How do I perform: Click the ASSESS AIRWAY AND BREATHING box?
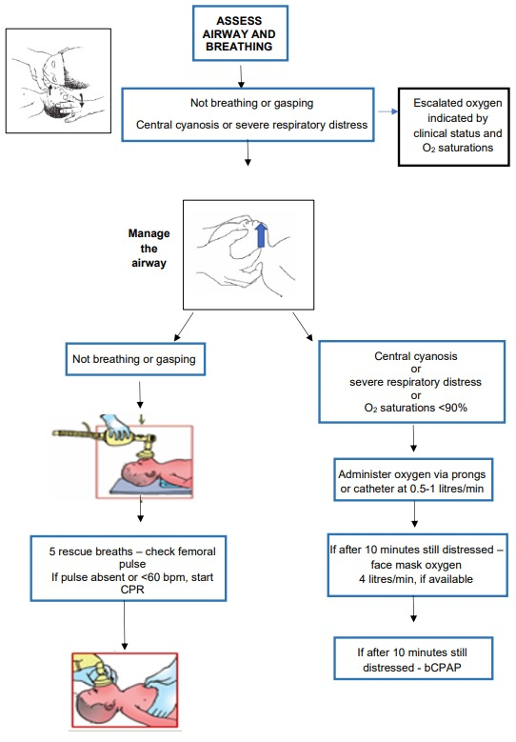pyautogui.click(x=240, y=33)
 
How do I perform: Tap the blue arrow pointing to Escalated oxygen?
pyautogui.click(x=387, y=111)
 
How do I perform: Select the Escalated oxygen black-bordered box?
pyautogui.click(x=454, y=127)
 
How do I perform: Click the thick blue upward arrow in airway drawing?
pyautogui.click(x=261, y=235)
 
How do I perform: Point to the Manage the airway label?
pyautogui.click(x=149, y=248)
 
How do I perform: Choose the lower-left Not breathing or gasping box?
pyautogui.click(x=135, y=359)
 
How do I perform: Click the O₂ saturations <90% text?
pyautogui.click(x=416, y=408)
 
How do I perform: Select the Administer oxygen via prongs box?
pyautogui.click(x=413, y=480)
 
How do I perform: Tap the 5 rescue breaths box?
pyautogui.click(x=129, y=569)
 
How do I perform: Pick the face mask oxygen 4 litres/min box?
pyautogui.click(x=417, y=565)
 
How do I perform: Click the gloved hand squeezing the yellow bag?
pyautogui.click(x=115, y=427)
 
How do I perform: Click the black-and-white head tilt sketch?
pyautogui.click(x=59, y=80)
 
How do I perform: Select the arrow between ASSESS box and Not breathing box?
pyautogui.click(x=241, y=75)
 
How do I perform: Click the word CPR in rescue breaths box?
pyautogui.click(x=132, y=590)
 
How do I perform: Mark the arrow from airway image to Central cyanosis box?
pyautogui.click(x=303, y=327)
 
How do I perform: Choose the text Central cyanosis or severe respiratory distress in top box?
pyautogui.click(x=251, y=125)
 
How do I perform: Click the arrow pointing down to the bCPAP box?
pyautogui.click(x=414, y=609)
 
